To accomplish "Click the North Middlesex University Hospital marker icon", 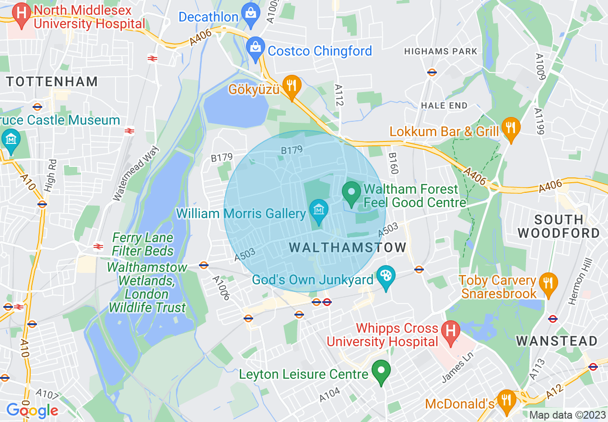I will [x=22, y=12].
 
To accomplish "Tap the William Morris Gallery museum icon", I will [x=317, y=210].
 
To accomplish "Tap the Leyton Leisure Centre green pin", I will [x=381, y=371].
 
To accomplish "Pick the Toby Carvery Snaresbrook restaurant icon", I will [x=546, y=282].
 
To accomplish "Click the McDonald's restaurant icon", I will [x=505, y=399].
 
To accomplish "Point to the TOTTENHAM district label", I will [x=52, y=82].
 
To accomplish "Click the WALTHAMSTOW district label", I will [x=348, y=248].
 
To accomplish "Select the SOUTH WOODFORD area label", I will [x=559, y=227].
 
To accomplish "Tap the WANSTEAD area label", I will [x=557, y=341].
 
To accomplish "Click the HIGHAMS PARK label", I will [x=441, y=51].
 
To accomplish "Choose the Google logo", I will [x=32, y=410].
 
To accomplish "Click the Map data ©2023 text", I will [x=567, y=415].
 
